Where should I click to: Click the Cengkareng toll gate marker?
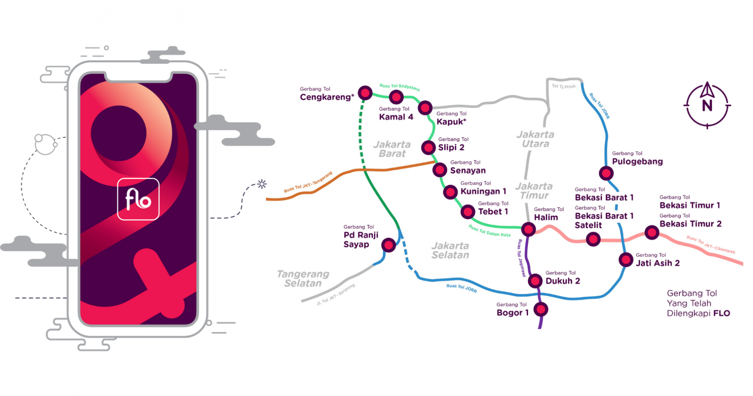(x=365, y=93)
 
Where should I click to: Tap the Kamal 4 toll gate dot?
(x=396, y=97)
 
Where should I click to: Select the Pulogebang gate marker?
(x=606, y=173)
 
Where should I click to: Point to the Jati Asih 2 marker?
(x=626, y=260)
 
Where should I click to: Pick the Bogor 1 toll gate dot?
(x=541, y=309)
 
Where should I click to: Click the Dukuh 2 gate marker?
(x=535, y=281)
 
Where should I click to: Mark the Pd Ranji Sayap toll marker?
(x=389, y=245)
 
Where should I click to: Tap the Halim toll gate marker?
(x=528, y=229)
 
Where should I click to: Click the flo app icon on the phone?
(x=138, y=199)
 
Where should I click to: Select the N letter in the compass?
(x=707, y=106)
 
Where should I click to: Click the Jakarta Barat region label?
(x=392, y=149)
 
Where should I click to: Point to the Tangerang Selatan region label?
(x=303, y=279)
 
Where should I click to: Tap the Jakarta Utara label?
(x=535, y=139)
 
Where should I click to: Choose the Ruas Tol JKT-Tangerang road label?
(x=308, y=183)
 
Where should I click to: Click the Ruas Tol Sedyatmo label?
(x=399, y=87)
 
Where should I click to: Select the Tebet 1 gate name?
(x=493, y=211)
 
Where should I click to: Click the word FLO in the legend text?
(x=721, y=313)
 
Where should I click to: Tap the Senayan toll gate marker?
(x=440, y=170)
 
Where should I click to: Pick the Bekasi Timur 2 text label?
(x=690, y=224)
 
